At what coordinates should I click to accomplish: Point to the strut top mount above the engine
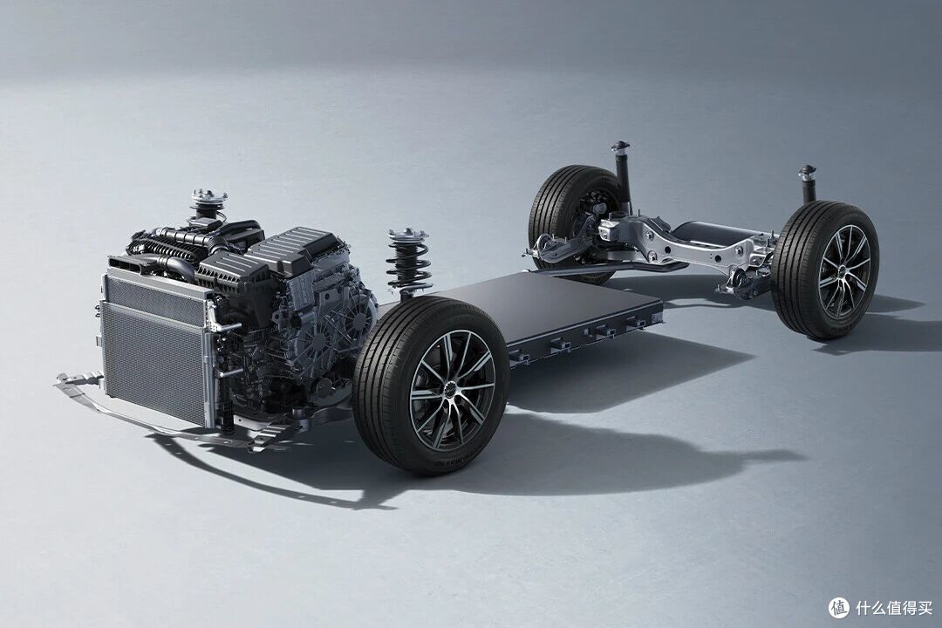pos(208,201)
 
